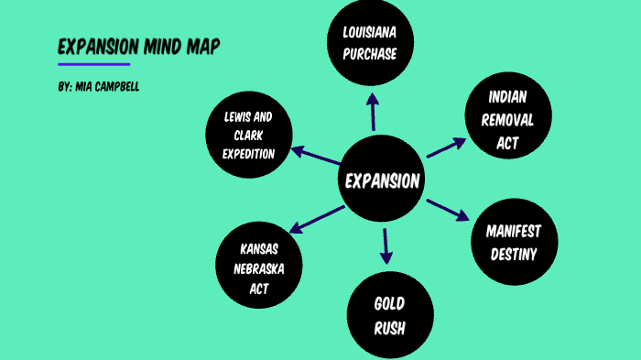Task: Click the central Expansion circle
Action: point(382,180)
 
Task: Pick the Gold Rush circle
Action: point(388,313)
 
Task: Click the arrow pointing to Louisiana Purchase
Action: point(372,113)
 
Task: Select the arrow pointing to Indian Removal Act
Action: point(448,147)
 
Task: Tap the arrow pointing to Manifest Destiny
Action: point(448,208)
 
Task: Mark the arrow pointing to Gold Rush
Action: point(386,245)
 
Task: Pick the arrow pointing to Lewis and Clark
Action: point(316,157)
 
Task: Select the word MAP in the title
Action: point(202,48)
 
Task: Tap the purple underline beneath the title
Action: point(93,64)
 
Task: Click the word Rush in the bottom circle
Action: point(388,327)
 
